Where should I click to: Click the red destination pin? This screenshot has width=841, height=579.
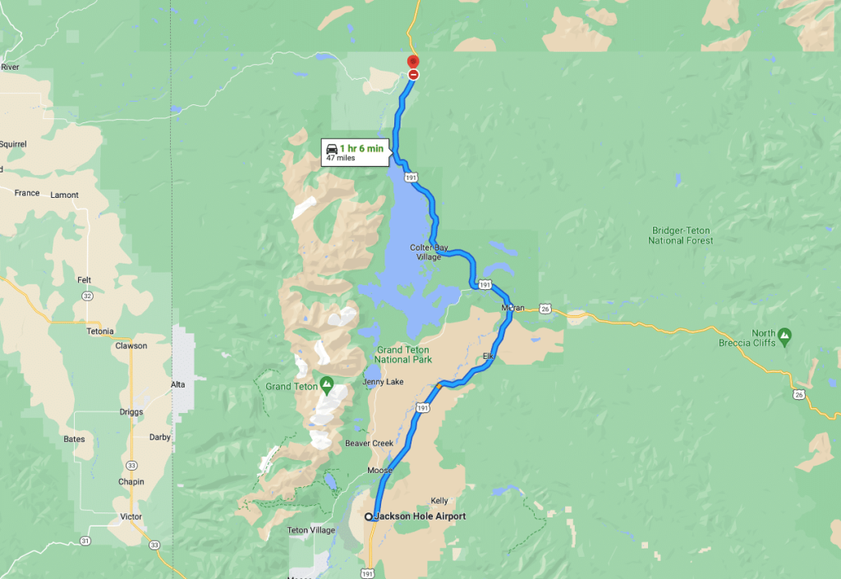coord(413,61)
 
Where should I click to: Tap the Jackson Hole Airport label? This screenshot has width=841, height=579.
coord(420,517)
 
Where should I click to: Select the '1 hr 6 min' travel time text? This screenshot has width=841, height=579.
coord(361,148)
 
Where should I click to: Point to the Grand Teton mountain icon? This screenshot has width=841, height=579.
coord(327,383)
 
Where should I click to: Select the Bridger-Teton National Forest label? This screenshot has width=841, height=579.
coord(680,236)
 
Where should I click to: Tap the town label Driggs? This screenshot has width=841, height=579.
coord(131,411)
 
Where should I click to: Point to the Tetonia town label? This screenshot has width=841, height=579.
coord(100,331)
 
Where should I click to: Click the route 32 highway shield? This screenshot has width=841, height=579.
coord(86,295)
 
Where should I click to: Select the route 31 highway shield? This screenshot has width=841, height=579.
coord(86,540)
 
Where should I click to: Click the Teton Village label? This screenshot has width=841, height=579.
coord(311,531)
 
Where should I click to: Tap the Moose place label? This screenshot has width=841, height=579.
coord(379,471)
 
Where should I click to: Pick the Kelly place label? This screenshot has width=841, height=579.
coord(439,500)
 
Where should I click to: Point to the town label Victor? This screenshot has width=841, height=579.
coord(131,517)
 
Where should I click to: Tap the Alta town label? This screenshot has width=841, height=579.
coord(177,384)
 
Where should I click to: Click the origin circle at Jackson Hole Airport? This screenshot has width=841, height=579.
coord(368,517)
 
